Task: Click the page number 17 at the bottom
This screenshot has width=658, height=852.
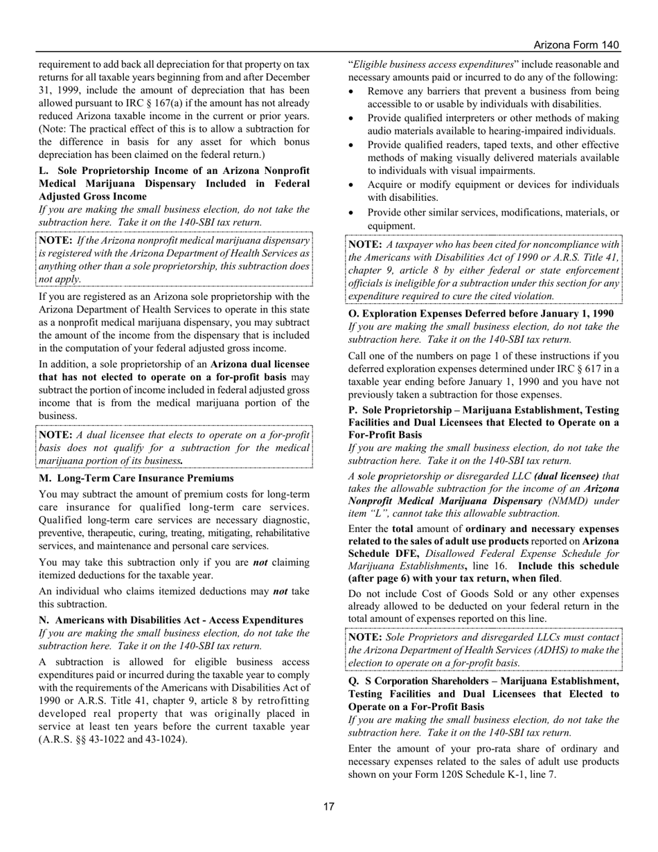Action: pyautogui.click(x=329, y=806)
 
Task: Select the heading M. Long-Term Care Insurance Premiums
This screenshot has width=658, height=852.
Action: pyautogui.click(x=136, y=478)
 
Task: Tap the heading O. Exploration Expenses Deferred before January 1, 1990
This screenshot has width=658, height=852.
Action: pyautogui.click(x=480, y=314)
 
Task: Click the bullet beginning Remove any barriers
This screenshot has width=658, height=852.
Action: pyautogui.click(x=493, y=98)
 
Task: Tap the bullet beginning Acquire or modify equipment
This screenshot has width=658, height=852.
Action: pyautogui.click(x=493, y=191)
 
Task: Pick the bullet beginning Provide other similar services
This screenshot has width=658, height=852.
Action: pyautogui.click(x=493, y=219)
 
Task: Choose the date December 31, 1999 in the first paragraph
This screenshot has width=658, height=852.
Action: pyautogui.click(x=274, y=77)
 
